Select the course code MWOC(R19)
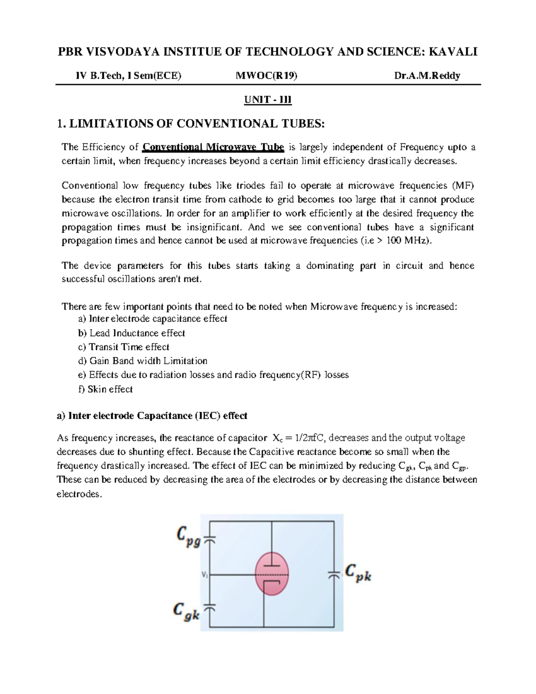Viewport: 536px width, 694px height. point(266,76)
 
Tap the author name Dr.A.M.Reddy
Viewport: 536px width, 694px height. point(427,76)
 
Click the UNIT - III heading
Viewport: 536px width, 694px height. point(268,100)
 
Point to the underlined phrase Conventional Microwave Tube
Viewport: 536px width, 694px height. point(213,147)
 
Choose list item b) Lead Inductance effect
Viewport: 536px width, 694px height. point(131,333)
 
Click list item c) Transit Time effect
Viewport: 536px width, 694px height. point(123,347)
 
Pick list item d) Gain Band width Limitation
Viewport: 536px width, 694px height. point(142,361)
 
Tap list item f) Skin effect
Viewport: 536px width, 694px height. point(105,389)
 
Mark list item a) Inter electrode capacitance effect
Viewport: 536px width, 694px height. point(152,319)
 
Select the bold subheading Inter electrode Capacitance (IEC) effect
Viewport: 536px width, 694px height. point(152,416)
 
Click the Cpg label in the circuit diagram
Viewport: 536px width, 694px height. point(188,536)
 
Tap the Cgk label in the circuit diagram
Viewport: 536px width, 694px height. point(186,611)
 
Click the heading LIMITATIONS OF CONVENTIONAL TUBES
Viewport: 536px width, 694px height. point(191,124)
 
